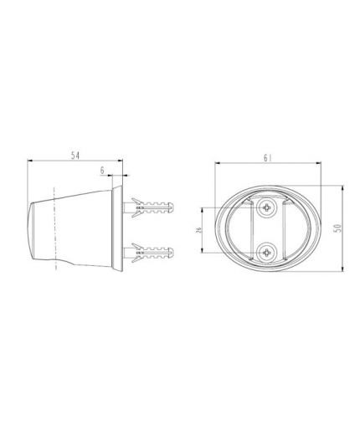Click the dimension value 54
pos(75,156)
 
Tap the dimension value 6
pos(102,171)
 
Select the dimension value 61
pos(267,158)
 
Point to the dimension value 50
pos(337,228)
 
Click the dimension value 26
pos(198,230)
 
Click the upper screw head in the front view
pos(267,207)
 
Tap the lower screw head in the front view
pos(267,253)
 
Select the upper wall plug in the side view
pos(148,207)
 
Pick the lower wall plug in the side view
pos(148,253)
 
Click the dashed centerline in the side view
pos(55,228)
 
